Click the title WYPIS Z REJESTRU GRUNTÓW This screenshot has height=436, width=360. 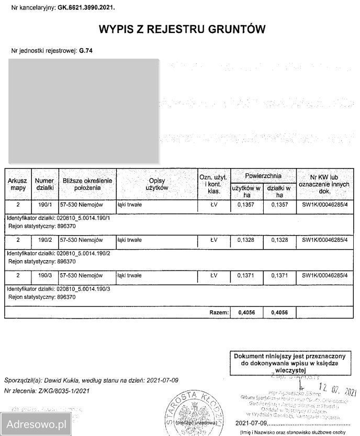click(179, 29)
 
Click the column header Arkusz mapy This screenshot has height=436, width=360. click(17, 184)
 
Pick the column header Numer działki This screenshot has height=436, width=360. click(44, 184)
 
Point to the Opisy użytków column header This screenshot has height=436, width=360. click(156, 184)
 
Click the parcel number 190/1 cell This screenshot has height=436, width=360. click(44, 205)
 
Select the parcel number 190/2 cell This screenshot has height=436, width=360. click(44, 240)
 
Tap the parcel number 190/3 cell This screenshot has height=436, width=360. click(44, 275)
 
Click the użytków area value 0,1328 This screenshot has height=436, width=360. click(245, 240)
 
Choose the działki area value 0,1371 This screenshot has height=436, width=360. click(278, 275)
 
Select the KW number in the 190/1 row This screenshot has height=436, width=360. click(324, 205)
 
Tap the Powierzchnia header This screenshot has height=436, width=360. click(263, 176)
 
